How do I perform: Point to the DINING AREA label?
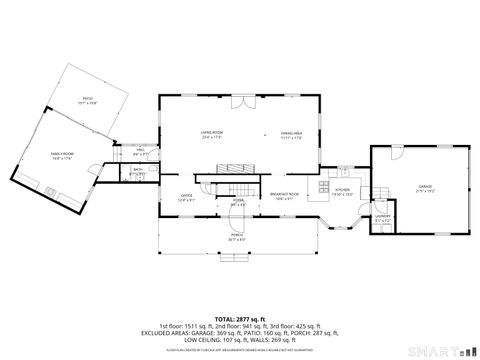(x=291, y=133)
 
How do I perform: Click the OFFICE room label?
(x=186, y=196)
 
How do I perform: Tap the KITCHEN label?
(x=341, y=190)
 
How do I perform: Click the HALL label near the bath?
(x=141, y=151)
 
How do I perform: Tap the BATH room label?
(x=139, y=171)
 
